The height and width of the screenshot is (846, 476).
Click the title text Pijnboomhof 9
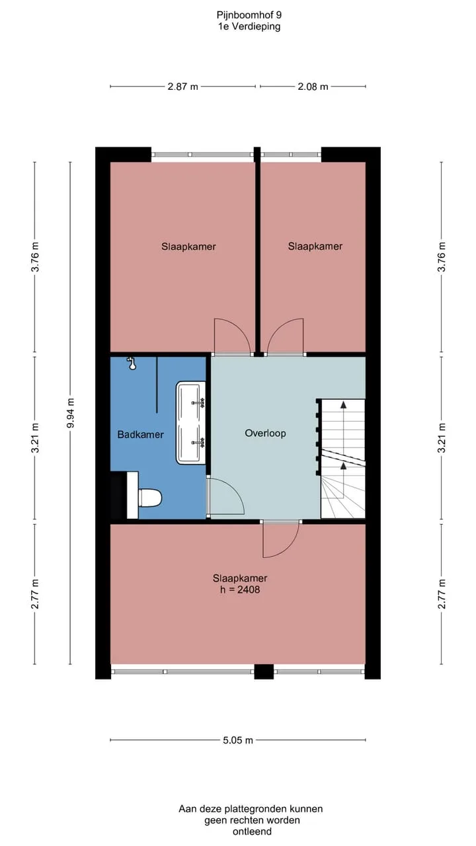point(249,15)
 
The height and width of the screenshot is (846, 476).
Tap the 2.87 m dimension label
point(183,87)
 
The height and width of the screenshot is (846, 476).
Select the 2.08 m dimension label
point(313,87)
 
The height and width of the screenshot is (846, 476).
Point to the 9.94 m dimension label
point(70,413)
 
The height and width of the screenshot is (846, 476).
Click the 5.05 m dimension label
point(237,740)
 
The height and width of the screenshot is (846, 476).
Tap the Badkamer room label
point(141,434)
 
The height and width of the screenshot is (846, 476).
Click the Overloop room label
point(265,433)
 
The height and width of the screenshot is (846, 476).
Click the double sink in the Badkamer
point(191,422)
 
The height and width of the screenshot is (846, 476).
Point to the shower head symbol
point(132,364)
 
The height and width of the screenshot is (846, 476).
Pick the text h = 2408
point(240,590)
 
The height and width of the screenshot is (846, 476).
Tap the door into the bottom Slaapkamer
point(281,540)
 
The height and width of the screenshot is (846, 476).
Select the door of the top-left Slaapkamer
point(233,337)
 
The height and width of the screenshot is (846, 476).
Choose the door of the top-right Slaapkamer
point(285,337)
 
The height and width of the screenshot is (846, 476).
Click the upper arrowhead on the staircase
point(343,405)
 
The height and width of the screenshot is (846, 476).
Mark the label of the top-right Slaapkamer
point(315,247)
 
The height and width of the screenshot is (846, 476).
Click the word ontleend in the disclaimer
point(252,831)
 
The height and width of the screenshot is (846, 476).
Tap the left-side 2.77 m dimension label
point(35,594)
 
